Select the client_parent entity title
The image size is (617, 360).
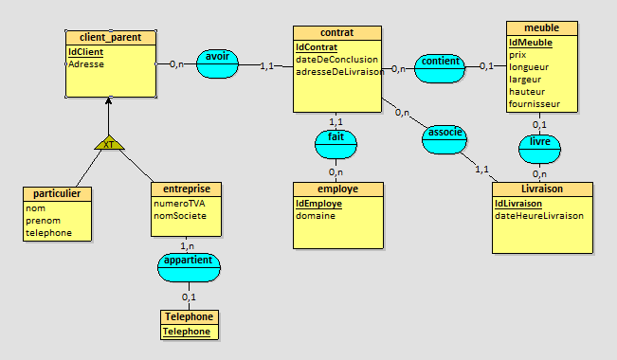[110, 38]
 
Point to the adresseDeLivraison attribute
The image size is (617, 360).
[338, 71]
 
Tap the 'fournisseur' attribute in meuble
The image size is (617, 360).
[534, 103]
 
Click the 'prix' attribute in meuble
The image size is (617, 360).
[517, 55]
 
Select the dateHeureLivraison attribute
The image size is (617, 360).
[538, 215]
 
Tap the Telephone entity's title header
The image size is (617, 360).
[189, 317]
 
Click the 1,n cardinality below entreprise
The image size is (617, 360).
[188, 244]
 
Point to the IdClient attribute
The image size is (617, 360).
[85, 51]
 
